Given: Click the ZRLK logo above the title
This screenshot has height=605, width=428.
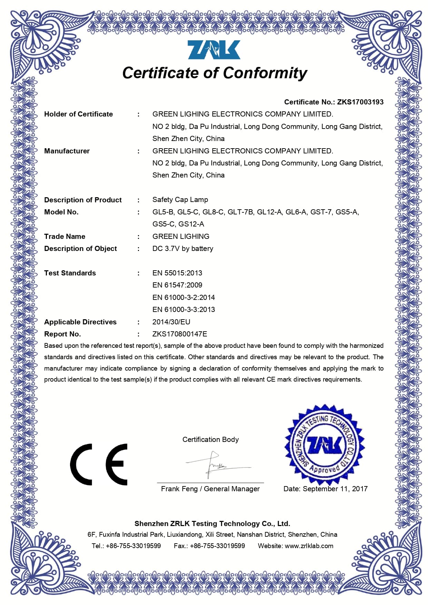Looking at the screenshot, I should (x=214, y=50).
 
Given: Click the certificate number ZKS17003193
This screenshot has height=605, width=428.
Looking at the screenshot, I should (x=360, y=102).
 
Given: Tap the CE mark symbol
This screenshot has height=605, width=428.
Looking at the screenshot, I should (x=99, y=464).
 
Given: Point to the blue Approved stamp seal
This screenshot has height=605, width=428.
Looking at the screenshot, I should (x=324, y=445).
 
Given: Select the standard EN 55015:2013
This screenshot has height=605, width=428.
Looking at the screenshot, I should (x=177, y=273).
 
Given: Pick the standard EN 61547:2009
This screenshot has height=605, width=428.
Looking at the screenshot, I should (x=177, y=285).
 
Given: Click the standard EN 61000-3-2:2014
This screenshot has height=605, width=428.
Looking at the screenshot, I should (x=183, y=298).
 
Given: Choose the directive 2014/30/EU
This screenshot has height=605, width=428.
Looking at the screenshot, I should (x=171, y=322).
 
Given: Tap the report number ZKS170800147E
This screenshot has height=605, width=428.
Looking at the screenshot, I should (x=180, y=334).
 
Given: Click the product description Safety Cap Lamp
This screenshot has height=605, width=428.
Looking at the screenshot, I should (x=180, y=200).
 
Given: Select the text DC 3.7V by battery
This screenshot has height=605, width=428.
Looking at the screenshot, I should (x=183, y=249).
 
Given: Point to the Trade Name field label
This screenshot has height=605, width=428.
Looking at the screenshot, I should (x=64, y=236).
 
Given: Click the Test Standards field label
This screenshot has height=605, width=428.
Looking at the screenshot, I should (x=70, y=273).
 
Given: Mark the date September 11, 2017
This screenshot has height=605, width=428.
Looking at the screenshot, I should (x=335, y=489).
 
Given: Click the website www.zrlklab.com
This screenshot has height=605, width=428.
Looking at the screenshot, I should (x=309, y=546).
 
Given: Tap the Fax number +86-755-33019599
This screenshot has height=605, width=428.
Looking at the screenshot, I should (x=217, y=546).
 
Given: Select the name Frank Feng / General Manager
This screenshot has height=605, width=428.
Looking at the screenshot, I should (x=210, y=489).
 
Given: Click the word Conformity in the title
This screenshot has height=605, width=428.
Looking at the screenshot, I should (x=265, y=73).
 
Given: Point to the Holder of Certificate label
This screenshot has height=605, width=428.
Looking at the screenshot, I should (x=78, y=114).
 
